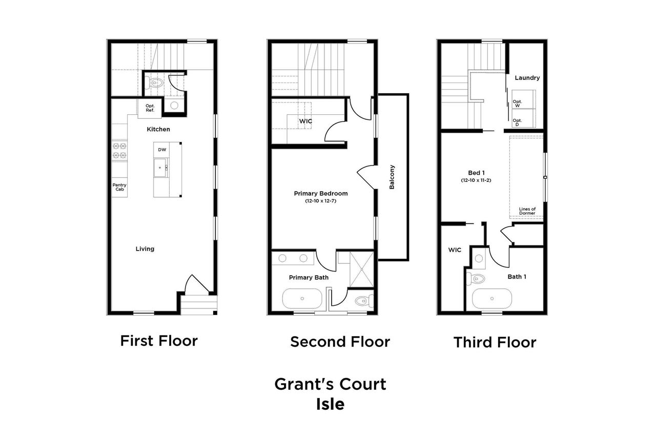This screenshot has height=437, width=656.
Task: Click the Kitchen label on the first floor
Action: pyautogui.click(x=158, y=130)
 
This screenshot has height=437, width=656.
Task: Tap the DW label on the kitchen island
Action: pyautogui.click(x=162, y=150)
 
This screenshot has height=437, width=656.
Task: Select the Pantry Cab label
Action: pyautogui.click(x=119, y=188)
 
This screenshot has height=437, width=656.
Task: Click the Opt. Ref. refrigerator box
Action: pyautogui.click(x=150, y=108)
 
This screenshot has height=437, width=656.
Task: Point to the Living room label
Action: pyautogui.click(x=145, y=249)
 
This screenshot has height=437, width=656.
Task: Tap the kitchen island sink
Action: pyautogui.click(x=161, y=167)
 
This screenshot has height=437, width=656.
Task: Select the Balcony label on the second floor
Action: pyautogui.click(x=392, y=177)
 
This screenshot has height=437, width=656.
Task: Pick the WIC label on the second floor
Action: pyautogui.click(x=306, y=121)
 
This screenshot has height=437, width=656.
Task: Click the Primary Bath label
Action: pyautogui.click(x=309, y=277)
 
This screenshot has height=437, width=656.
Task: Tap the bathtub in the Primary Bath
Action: pyautogui.click(x=302, y=298)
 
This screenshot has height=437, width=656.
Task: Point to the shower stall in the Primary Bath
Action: pyautogui.click(x=362, y=269)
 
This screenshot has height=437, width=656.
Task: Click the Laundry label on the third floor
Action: pyautogui.click(x=527, y=78)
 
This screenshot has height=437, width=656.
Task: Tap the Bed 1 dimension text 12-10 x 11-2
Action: pyautogui.click(x=476, y=180)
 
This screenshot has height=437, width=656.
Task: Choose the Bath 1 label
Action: pyautogui.click(x=517, y=277)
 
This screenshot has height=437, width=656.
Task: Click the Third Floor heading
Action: pyautogui.click(x=495, y=342)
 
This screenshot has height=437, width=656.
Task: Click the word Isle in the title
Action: pyautogui.click(x=330, y=404)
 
